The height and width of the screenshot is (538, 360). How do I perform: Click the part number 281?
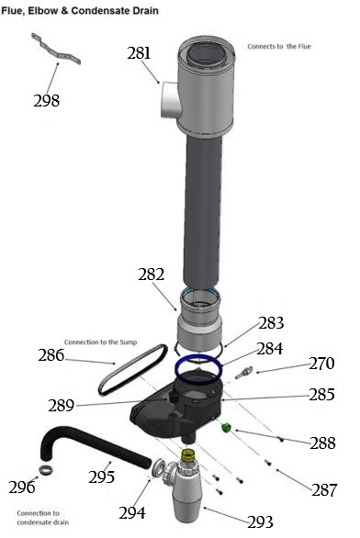(140, 53)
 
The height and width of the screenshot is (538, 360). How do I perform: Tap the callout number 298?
(45, 100)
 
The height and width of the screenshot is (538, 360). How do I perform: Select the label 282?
(151, 274)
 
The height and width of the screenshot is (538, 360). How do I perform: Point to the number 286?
(51, 355)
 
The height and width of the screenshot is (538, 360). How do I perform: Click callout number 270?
(321, 364)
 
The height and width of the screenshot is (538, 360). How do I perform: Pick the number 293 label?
(260, 521)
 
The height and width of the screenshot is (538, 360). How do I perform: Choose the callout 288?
(321, 443)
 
